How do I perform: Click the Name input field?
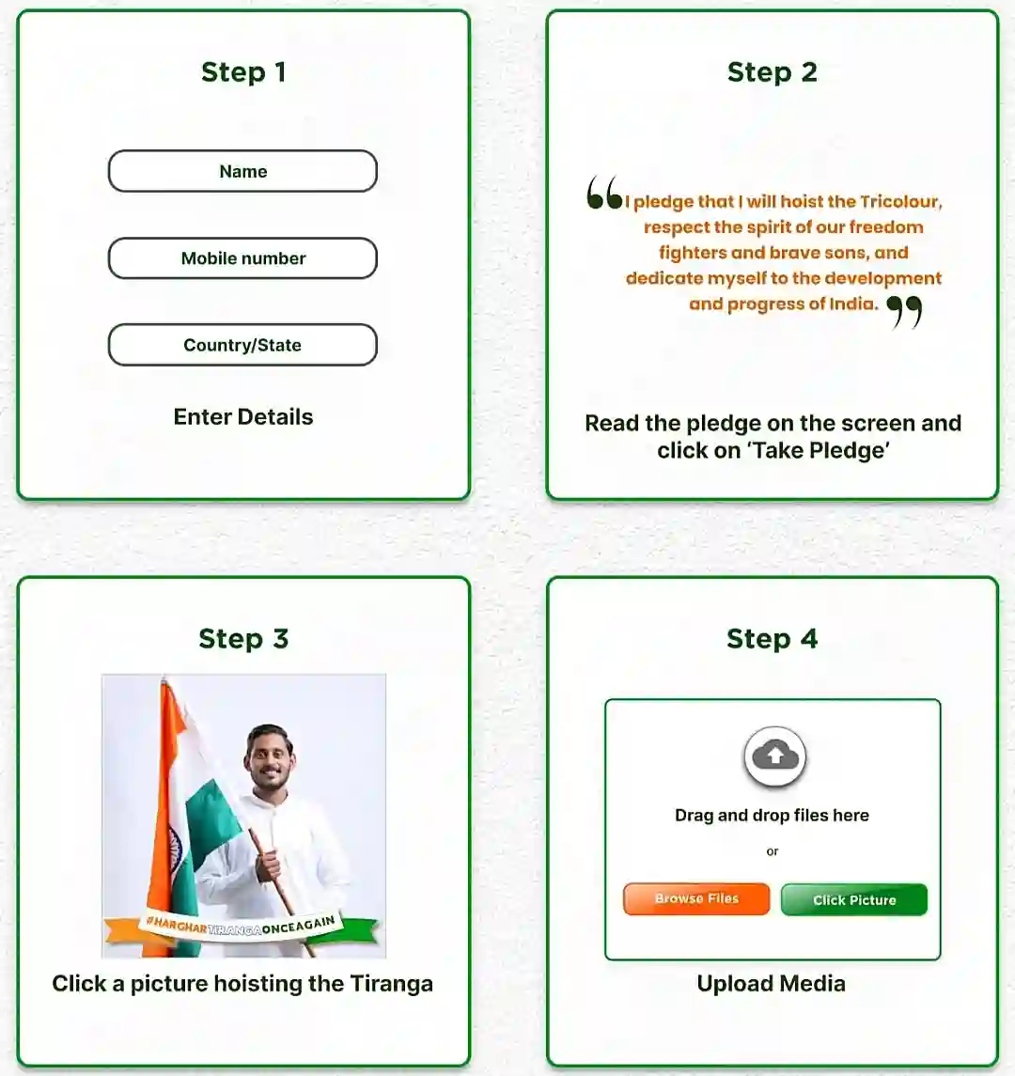[242, 171]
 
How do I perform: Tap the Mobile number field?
[242, 258]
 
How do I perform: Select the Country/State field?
[242, 345]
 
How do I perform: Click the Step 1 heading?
[243, 72]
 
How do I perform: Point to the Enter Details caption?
[243, 417]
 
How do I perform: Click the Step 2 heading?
[772, 72]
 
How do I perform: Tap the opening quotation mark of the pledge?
[603, 194]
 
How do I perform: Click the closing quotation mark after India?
[904, 311]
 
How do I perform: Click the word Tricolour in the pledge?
[900, 202]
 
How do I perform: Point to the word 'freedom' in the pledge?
[885, 227]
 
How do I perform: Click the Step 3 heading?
[243, 639]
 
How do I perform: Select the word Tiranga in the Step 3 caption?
[391, 984]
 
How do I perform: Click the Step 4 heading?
[772, 639]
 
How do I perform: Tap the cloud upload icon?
[774, 756]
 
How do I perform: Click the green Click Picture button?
[853, 899]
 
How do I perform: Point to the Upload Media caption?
[771, 984]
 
